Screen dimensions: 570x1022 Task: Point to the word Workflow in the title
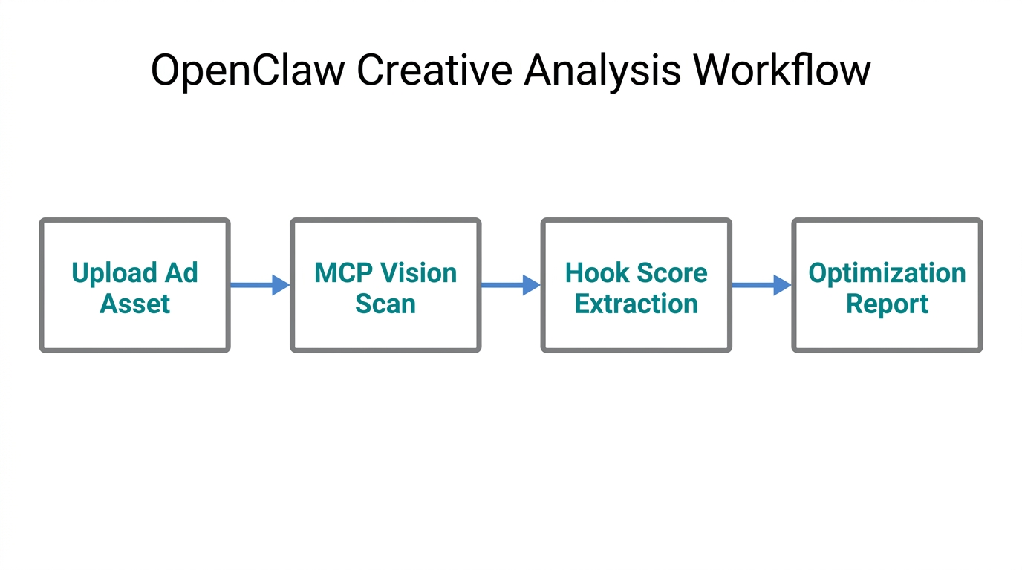click(x=781, y=71)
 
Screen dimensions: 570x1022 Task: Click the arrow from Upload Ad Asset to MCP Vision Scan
click(x=259, y=285)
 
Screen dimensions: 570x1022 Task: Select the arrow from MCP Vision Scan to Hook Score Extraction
click(x=510, y=285)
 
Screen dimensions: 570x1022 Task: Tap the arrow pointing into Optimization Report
click(x=761, y=285)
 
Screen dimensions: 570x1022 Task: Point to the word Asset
click(x=134, y=304)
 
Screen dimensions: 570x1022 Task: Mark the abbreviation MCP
click(x=342, y=273)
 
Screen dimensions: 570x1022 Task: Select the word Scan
click(x=385, y=304)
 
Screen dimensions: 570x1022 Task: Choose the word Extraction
click(x=637, y=304)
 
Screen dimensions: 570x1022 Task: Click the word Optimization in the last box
click(x=887, y=273)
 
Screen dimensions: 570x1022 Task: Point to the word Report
click(x=887, y=304)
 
